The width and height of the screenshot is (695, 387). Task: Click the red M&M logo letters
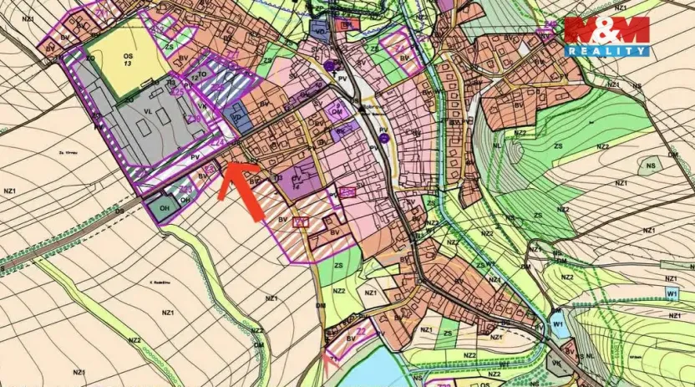606,29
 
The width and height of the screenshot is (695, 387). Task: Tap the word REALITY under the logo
606,51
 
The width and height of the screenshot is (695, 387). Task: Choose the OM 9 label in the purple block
337,111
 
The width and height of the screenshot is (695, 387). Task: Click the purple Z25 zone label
178,91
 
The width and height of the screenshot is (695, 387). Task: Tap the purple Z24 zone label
219,142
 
